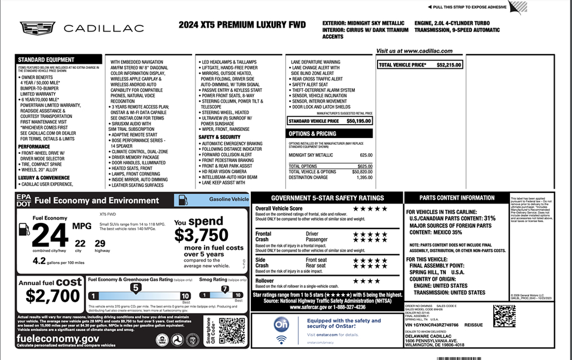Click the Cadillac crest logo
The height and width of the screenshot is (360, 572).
37,27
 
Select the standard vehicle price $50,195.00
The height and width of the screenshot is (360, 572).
359,121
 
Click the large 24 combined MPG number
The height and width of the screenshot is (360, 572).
50,235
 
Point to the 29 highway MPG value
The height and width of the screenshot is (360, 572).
100,243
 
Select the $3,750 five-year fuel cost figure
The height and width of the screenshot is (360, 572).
201,235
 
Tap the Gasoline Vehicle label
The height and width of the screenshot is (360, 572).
228,200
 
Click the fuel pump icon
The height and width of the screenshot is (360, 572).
23,229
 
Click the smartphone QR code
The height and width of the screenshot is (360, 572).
232,330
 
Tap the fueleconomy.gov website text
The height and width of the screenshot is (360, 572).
58,339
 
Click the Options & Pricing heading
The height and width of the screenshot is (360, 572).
312,134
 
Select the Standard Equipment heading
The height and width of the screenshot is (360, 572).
46,60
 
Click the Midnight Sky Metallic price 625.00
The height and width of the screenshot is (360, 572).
366,155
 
